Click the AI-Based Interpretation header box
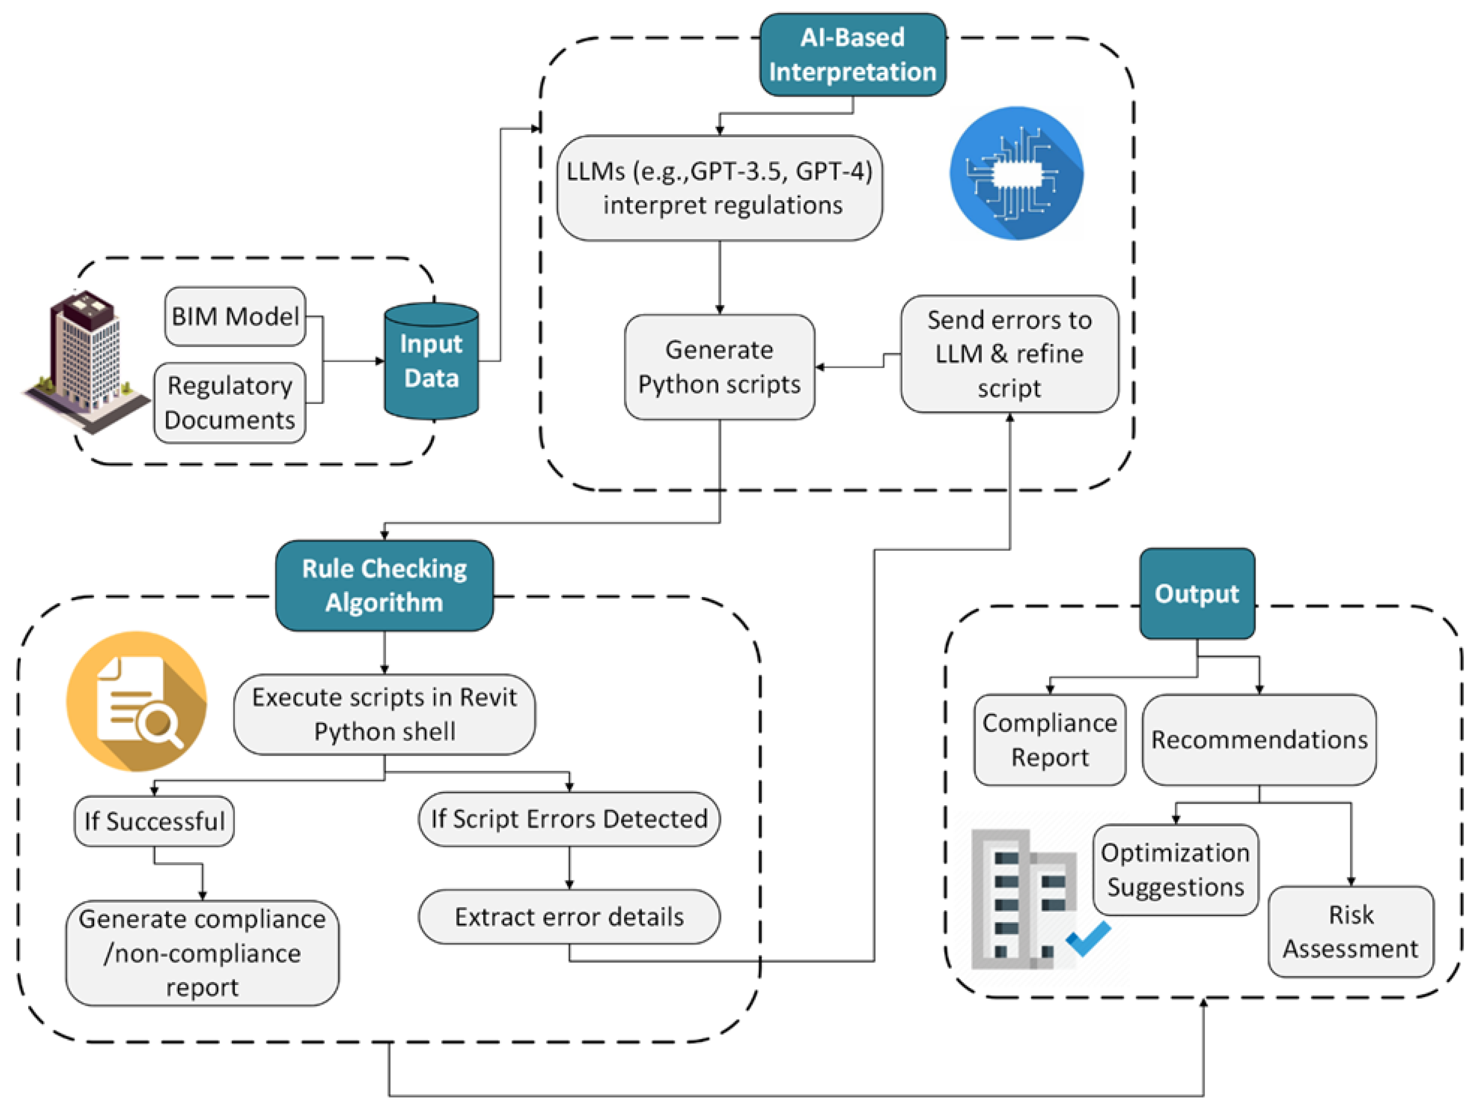(x=851, y=55)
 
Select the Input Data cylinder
(x=431, y=361)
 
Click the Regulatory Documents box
(x=229, y=402)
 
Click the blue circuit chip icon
(x=1015, y=173)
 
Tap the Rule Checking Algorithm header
(x=384, y=585)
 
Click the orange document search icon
(x=137, y=701)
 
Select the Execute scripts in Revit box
(x=384, y=715)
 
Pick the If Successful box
(x=154, y=821)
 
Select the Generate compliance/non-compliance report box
(x=202, y=953)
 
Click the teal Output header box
(x=1197, y=593)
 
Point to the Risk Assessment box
(x=1350, y=932)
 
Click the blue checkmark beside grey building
(x=1088, y=938)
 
